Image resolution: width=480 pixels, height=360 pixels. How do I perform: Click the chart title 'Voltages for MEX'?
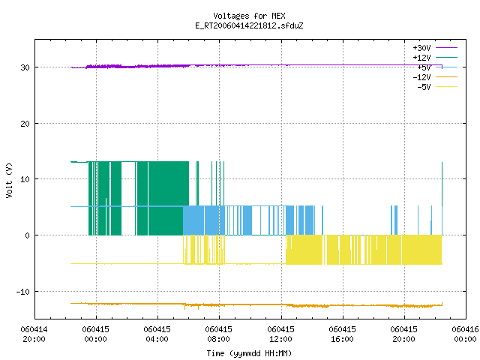click(x=249, y=16)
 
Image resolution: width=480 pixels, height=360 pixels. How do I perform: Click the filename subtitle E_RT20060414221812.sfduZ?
click(x=249, y=25)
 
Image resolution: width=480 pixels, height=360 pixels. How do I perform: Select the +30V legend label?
click(x=421, y=48)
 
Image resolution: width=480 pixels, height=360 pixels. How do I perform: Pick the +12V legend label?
click(x=421, y=58)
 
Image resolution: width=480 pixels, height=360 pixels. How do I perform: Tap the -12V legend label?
click(x=421, y=77)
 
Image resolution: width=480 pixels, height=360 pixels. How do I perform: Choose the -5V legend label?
click(x=424, y=87)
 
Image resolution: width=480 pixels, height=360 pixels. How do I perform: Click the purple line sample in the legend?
click(x=446, y=48)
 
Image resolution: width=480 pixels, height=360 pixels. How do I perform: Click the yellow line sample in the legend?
click(x=446, y=87)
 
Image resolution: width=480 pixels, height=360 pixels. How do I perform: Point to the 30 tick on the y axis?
click(x=25, y=67)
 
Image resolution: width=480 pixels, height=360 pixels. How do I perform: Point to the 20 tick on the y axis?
click(x=25, y=124)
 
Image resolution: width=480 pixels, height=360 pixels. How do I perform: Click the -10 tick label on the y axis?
click(x=23, y=292)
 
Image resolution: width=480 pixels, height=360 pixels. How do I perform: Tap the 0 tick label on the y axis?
click(x=28, y=235)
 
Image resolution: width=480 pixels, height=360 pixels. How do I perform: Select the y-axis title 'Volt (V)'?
click(x=9, y=181)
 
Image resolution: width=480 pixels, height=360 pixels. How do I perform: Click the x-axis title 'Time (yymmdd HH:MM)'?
click(x=249, y=353)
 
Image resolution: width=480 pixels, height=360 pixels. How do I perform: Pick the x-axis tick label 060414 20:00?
click(x=34, y=334)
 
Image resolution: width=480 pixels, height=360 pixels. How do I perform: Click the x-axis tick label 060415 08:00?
click(x=218, y=334)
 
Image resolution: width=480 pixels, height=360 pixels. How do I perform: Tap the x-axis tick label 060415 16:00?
click(x=342, y=334)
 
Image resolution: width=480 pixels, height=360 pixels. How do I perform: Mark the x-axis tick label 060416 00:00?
click(x=465, y=334)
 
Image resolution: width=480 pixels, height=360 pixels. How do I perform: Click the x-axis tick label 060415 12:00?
click(x=280, y=334)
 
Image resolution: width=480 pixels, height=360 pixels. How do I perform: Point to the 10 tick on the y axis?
click(x=25, y=179)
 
